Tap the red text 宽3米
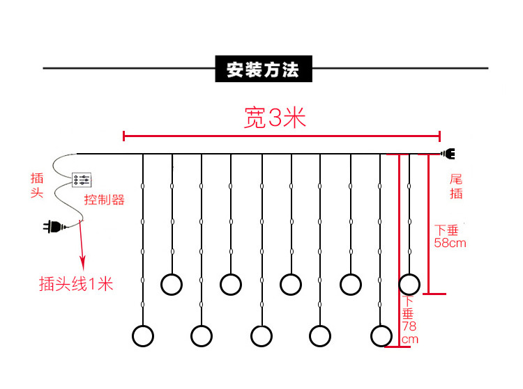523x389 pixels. [275, 118]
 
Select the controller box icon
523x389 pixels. [82, 181]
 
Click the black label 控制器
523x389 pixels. [104, 200]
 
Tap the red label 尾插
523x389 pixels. [456, 186]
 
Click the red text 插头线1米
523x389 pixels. [76, 284]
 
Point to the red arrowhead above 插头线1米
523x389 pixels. [84, 263]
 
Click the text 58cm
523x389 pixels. [450, 243]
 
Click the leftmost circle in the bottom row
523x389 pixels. [142, 335]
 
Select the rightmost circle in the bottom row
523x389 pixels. [381, 335]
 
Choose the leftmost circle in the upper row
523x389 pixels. [172, 284]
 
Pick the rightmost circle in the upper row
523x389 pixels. [409, 284]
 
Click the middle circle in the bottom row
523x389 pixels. [261, 335]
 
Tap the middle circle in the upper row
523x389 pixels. [290, 284]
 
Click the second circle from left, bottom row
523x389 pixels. [202, 335]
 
